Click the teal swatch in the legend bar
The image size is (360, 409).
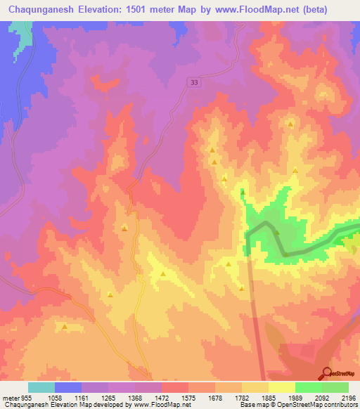pos(41,387)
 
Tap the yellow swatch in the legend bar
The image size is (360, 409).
pos(281,387)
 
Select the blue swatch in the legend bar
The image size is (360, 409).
pos(68,387)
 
